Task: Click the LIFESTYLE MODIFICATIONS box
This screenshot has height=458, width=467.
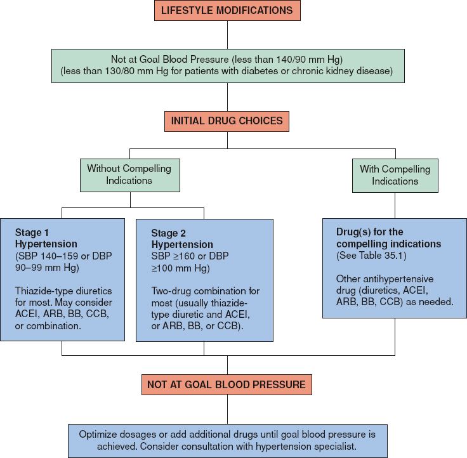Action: (x=227, y=11)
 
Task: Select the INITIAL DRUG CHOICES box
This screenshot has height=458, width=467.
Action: (x=227, y=121)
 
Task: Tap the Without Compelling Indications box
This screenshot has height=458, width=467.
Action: (x=129, y=174)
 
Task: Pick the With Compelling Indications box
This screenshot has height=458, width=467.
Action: (x=395, y=174)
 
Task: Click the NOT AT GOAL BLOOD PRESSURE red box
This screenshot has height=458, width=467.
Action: (x=227, y=384)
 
